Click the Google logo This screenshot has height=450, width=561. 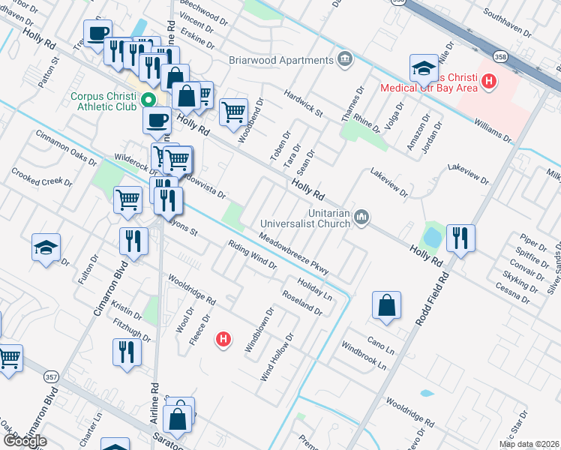[x=24, y=441]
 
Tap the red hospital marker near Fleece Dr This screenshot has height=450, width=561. [x=223, y=340]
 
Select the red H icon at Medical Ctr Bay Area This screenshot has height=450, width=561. [x=489, y=81]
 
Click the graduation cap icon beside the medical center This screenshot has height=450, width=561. [x=424, y=67]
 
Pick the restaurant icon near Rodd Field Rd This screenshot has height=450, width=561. [x=460, y=238]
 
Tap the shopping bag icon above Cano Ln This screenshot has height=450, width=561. [x=385, y=305]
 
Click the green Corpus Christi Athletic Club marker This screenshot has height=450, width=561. [x=148, y=100]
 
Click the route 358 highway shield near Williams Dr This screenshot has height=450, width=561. [x=500, y=55]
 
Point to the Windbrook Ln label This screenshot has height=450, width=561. [x=364, y=356]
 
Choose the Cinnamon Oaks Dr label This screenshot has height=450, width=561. [x=66, y=148]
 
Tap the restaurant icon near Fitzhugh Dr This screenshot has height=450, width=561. [x=126, y=351]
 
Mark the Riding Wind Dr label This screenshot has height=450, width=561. [x=253, y=254]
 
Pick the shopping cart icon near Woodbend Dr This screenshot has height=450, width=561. [x=233, y=112]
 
